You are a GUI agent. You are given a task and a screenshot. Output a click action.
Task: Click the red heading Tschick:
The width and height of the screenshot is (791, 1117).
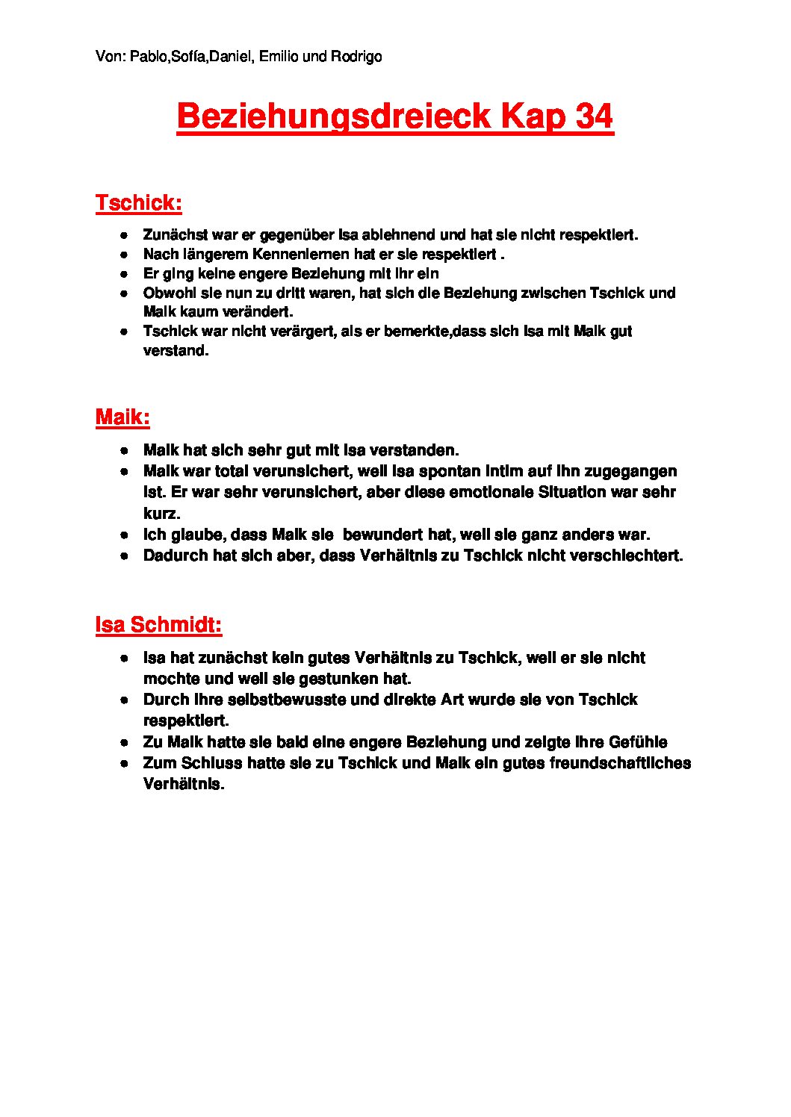pos(139,203)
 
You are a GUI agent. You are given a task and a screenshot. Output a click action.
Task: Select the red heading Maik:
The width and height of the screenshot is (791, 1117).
pos(122,417)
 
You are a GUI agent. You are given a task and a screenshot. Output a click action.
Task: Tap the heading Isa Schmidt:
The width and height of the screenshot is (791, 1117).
pos(158,625)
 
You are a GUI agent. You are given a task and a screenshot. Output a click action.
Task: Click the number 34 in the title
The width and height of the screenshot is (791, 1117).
pos(594,116)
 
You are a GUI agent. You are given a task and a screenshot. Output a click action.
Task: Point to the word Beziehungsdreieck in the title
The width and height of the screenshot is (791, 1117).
pos(333,117)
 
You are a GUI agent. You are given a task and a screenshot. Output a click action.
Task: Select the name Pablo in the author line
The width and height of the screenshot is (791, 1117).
pos(148,57)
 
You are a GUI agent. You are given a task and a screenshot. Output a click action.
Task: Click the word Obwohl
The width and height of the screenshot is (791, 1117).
pos(167,293)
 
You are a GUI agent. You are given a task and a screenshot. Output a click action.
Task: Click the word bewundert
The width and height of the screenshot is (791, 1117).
pos(382,535)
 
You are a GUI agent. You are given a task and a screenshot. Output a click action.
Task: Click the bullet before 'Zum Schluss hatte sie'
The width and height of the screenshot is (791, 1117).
pos(125,764)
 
